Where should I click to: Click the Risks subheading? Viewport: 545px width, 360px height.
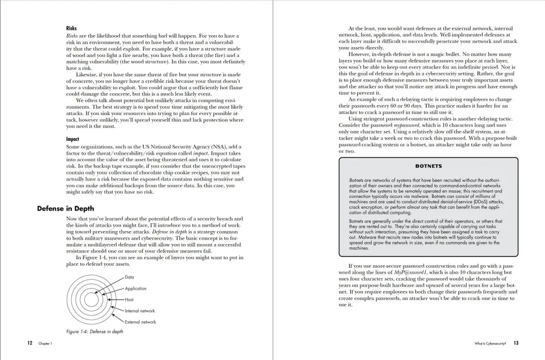coord(71,29)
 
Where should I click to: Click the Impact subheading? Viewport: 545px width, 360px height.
coord(73,139)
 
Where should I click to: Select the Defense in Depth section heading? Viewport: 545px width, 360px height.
coord(65,208)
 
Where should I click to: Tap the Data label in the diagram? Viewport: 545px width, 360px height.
coord(129,277)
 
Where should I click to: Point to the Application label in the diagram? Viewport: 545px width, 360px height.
coord(136,289)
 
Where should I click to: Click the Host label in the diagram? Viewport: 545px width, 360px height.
coord(129,300)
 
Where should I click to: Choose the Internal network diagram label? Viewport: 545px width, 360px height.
coord(140,311)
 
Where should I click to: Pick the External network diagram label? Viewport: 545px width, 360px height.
coord(141,322)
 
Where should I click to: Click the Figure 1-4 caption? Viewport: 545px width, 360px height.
coord(95,331)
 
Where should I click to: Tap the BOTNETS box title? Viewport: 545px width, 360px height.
coord(428,166)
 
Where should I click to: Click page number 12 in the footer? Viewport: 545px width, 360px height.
coord(30,343)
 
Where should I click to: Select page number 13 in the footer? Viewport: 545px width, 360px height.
coord(516,343)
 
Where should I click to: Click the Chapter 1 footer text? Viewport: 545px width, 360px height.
coord(45,344)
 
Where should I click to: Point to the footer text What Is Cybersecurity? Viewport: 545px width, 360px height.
coord(489,344)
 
